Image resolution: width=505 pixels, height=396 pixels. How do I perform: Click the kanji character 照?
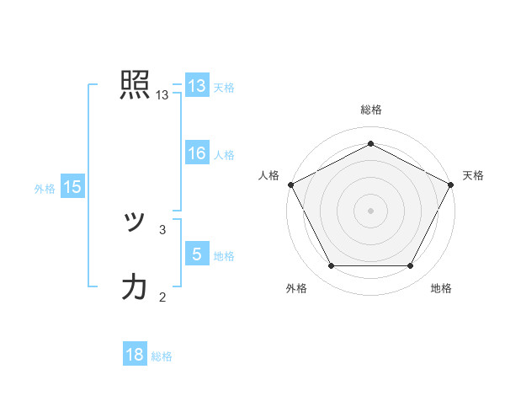tap(135, 85)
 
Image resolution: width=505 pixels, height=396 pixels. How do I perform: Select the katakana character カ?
tap(135, 287)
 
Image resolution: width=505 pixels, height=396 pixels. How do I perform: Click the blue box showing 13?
tap(196, 86)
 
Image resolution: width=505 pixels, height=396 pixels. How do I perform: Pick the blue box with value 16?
tap(196, 153)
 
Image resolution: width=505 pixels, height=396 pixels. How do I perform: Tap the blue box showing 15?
tap(72, 187)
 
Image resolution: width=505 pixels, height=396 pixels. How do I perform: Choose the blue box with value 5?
tap(196, 254)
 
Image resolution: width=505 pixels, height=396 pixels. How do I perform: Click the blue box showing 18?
tap(135, 355)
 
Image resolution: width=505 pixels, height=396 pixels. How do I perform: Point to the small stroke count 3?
tap(162, 229)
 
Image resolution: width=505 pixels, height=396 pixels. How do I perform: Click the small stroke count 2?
tap(162, 296)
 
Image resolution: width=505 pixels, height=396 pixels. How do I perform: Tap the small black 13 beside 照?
tap(162, 95)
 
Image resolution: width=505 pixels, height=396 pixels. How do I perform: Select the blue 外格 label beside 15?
tap(45, 189)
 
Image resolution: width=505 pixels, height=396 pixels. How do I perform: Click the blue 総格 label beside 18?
tap(162, 356)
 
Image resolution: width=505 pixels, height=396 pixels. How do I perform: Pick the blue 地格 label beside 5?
tap(224, 256)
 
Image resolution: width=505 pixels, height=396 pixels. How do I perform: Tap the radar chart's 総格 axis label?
tap(371, 110)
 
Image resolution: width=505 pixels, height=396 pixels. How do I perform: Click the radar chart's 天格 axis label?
tap(473, 175)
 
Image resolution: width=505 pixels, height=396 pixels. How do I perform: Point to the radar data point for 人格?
tap(291, 185)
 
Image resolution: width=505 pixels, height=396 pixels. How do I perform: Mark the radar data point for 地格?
tap(411, 266)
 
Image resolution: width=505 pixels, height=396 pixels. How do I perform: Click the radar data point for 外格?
tap(331, 266)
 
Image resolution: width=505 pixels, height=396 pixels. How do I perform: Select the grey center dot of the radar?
tap(371, 210)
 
